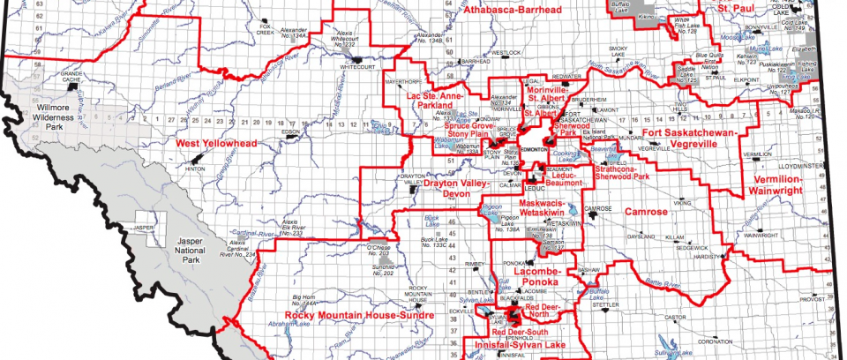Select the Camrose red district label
coord(648,212)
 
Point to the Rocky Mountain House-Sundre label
coord(359,315)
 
